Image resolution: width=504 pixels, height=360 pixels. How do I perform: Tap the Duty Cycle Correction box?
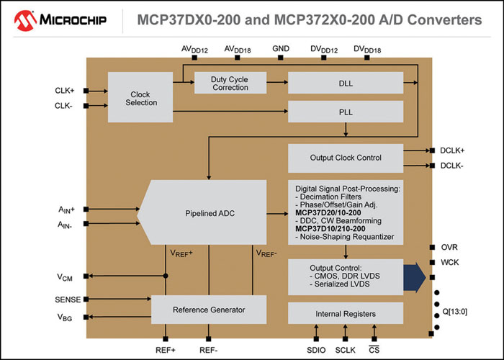(x=230, y=83)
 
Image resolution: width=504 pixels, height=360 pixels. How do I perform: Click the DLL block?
(x=345, y=83)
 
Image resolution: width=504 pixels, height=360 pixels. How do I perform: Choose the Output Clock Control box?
(x=345, y=158)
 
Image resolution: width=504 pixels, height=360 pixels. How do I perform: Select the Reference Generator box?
(x=209, y=310)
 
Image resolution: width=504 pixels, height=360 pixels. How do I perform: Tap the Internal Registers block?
(x=345, y=314)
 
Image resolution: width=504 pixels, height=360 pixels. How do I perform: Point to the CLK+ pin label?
(x=65, y=91)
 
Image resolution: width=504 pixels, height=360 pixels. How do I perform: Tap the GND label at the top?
(x=281, y=49)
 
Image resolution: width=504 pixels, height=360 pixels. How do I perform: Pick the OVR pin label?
(x=450, y=247)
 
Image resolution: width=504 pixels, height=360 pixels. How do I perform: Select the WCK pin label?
(x=450, y=262)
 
